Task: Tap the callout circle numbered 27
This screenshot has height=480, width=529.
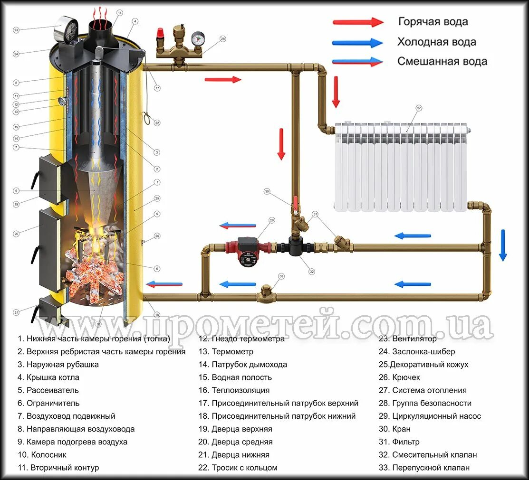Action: tap(419, 108)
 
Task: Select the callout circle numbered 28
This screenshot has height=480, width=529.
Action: tap(223, 39)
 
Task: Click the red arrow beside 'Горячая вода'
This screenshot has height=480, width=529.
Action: tap(357, 22)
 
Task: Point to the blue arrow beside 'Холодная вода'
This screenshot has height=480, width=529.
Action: tap(357, 42)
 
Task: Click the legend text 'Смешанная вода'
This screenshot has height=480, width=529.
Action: tap(442, 62)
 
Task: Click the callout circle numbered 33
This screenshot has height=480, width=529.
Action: tap(281, 276)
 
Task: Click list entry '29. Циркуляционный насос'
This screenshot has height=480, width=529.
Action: tap(436, 416)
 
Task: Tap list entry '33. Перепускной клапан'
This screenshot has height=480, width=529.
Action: tap(431, 468)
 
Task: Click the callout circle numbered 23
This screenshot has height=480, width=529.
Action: tap(16, 30)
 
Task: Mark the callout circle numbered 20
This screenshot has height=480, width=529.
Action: tap(16, 233)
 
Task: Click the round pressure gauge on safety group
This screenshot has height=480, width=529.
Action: tap(198, 38)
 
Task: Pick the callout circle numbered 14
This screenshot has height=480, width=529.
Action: tap(119, 12)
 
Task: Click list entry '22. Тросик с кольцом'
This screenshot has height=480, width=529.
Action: tap(238, 468)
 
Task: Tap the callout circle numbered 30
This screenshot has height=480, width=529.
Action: tap(267, 192)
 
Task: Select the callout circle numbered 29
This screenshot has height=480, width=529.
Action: tap(272, 220)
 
